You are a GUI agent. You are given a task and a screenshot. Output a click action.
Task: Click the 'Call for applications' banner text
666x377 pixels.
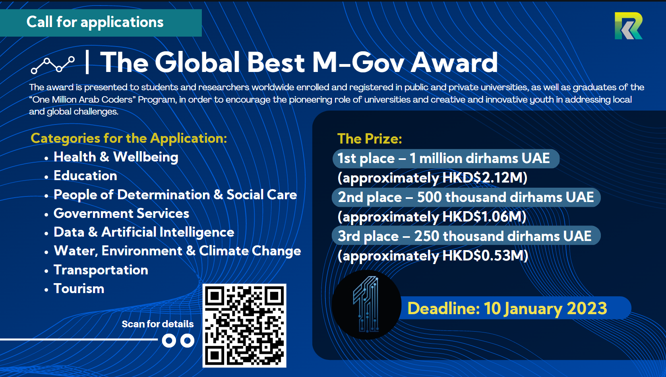95,22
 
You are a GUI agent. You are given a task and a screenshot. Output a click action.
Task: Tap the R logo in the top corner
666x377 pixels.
628,26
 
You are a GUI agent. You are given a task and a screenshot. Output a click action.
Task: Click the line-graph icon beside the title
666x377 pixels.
52,65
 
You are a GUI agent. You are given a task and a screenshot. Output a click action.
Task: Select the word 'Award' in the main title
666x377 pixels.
454,62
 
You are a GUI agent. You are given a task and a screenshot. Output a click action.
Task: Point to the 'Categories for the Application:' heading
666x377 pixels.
129,138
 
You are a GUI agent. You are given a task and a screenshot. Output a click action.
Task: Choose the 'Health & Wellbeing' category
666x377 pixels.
116,157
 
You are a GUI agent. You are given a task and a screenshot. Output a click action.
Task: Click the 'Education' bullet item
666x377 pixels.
85,176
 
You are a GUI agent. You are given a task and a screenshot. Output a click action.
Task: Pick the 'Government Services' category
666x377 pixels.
121,213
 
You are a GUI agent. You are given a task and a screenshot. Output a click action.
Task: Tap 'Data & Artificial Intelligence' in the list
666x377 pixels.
144,232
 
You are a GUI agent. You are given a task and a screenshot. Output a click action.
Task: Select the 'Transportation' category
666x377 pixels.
101,270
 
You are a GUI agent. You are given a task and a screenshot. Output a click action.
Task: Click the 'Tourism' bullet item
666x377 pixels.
79,289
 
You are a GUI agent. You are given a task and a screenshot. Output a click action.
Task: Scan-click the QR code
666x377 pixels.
244,326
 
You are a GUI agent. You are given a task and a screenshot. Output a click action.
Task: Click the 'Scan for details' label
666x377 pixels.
158,324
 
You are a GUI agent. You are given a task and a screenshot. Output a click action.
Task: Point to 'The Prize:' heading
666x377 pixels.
370,139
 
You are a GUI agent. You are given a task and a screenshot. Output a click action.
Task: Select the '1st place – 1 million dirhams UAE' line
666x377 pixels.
443,159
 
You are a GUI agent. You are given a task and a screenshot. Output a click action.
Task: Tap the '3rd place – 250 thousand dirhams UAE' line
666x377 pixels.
465,236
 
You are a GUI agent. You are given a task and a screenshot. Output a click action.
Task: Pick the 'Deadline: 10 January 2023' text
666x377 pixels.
507,309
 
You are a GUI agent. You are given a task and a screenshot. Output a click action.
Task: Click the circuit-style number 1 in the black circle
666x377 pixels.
366,304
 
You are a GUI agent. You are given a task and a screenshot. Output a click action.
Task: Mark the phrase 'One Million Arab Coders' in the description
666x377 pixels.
82,100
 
